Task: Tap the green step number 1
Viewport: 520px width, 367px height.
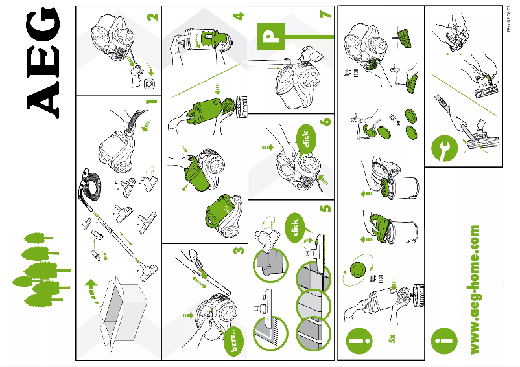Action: click(151, 102)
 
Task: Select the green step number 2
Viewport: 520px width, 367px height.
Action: click(151, 16)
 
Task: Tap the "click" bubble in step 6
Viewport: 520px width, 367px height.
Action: click(305, 139)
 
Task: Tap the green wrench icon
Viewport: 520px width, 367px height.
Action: click(444, 149)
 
